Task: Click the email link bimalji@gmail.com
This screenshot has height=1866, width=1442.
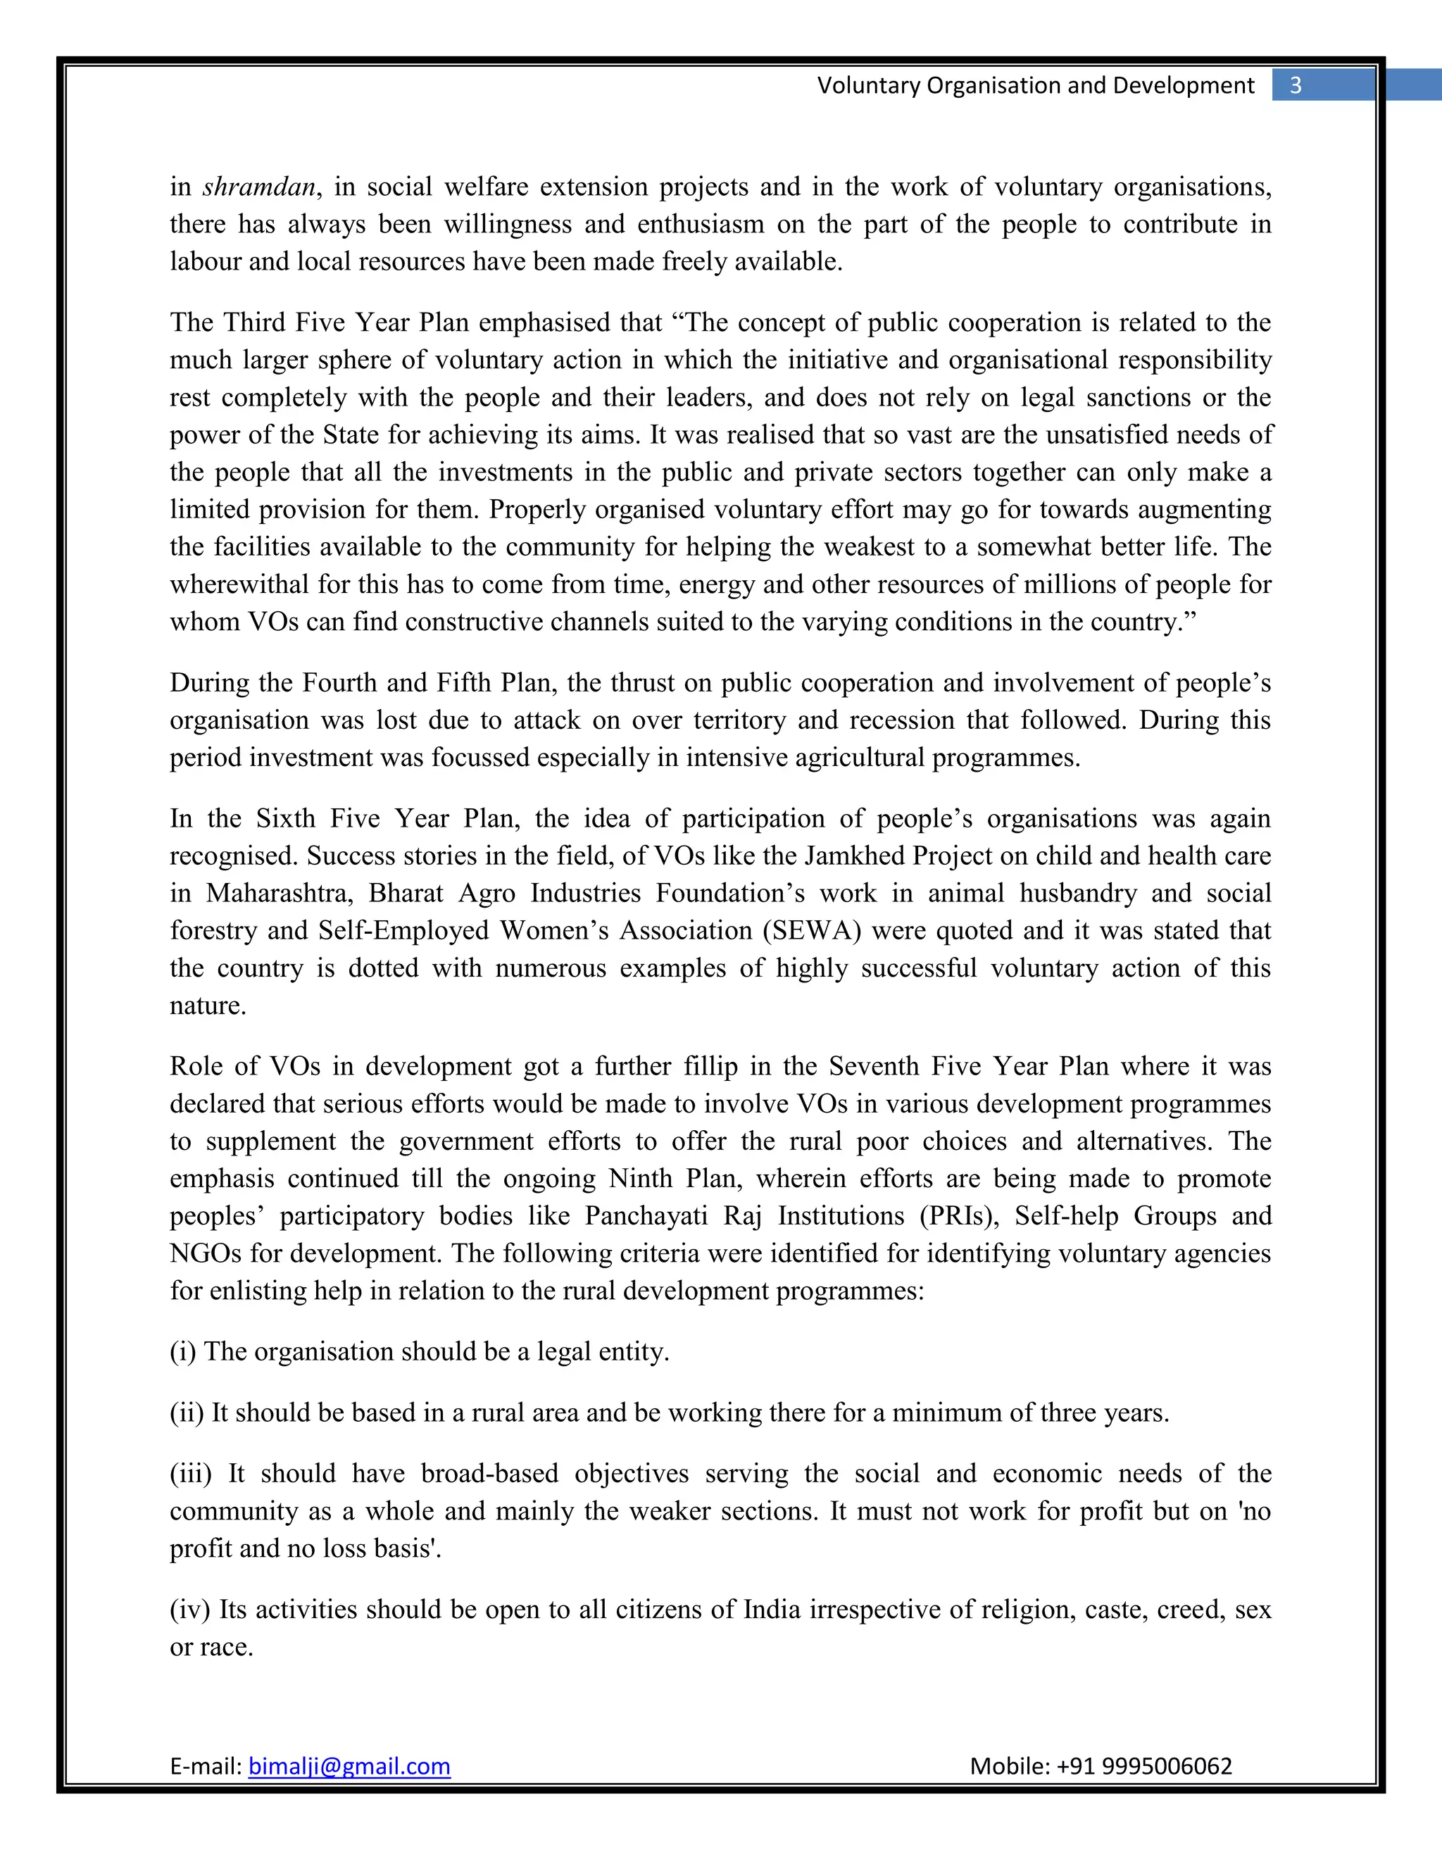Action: point(349,1765)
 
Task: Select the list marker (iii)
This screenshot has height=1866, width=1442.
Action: point(191,1474)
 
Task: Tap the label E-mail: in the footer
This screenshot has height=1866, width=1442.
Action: point(206,1765)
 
